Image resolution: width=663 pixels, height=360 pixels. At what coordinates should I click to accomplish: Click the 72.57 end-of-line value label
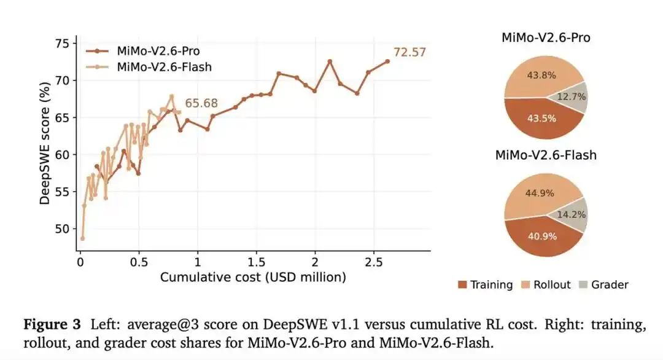tap(409, 52)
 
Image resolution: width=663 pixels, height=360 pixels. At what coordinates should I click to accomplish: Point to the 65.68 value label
tap(201, 103)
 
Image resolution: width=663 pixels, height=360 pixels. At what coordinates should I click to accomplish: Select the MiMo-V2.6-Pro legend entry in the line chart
tap(143, 51)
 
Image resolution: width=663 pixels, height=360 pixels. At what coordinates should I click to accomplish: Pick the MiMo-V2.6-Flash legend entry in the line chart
tap(149, 67)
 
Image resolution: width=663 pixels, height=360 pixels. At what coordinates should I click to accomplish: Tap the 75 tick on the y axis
tap(63, 44)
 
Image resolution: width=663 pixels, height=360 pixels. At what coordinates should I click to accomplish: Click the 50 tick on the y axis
tap(63, 229)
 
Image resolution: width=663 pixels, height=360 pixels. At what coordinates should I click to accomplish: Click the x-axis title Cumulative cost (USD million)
tap(253, 277)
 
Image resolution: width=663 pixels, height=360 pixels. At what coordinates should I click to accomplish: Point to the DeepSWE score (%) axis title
tap(44, 143)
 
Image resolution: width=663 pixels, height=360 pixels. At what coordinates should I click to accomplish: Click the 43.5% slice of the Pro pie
tap(542, 119)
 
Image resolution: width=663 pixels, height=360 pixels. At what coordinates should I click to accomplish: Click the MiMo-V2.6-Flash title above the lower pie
tap(546, 155)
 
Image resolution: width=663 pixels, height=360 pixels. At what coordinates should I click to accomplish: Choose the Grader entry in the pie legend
tap(604, 284)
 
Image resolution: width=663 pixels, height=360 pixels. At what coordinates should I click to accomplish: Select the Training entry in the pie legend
tap(486, 284)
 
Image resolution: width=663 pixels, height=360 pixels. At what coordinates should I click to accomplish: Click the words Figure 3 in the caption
tap(52, 324)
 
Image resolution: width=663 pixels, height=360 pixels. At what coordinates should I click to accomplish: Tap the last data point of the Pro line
tap(387, 61)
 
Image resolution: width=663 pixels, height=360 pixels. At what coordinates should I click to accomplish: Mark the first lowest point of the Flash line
tap(82, 238)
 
